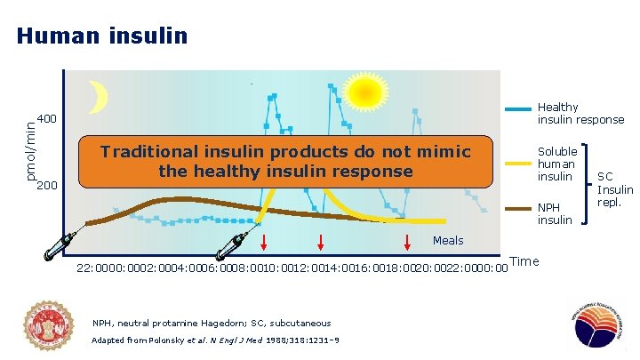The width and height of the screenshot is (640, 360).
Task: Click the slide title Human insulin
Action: click(102, 36)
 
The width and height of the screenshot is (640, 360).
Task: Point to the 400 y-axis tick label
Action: click(48, 119)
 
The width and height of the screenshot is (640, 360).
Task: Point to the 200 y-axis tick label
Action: click(48, 187)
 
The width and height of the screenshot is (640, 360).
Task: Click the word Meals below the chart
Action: click(448, 241)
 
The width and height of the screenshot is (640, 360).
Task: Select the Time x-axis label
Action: click(524, 260)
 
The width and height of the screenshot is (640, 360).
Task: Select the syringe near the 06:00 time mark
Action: click(236, 243)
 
